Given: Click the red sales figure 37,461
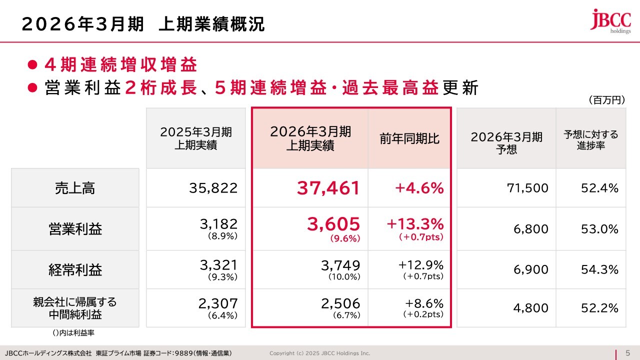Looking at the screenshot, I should (328, 188).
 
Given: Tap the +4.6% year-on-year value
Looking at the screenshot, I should (419, 188).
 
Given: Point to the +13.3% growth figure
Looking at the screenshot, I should (415, 223).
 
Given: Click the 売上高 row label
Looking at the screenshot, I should (75, 188).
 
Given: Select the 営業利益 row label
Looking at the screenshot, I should (75, 229).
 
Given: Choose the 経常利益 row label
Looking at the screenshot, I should (75, 270).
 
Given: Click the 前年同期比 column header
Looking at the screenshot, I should (409, 138).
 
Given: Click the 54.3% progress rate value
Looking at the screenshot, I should (599, 270).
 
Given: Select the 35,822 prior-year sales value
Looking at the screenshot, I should (213, 188).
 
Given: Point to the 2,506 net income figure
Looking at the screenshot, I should (340, 303).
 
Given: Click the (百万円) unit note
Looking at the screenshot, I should (606, 100).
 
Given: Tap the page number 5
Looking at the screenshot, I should (627, 352).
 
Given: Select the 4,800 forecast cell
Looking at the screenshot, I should (530, 308).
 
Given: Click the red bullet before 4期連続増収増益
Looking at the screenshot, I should (32, 65).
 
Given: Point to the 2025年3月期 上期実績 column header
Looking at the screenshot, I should (196, 138).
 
